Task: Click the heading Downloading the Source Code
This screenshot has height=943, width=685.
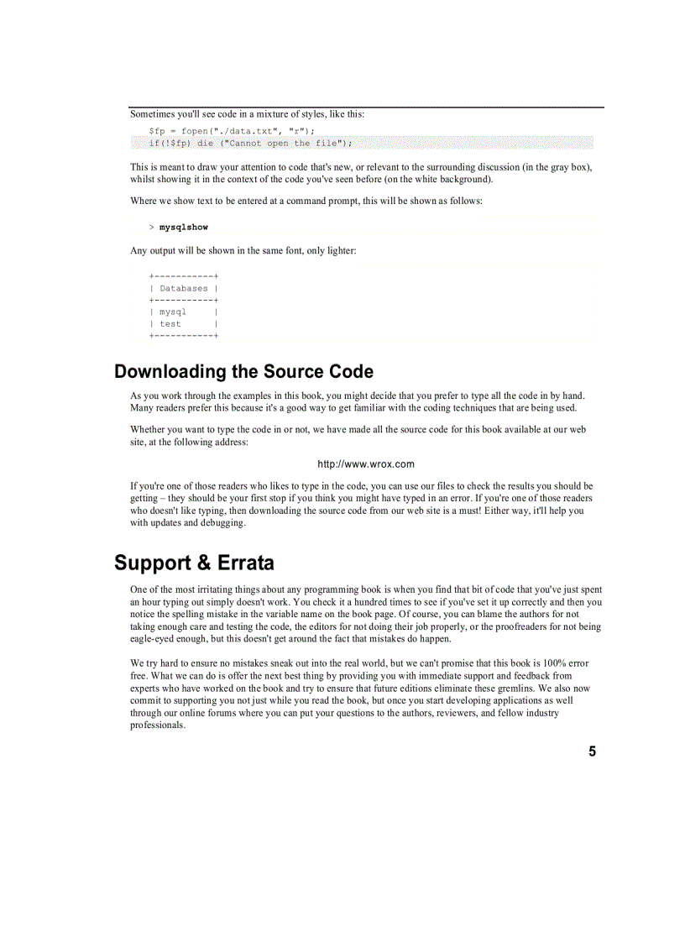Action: (243, 371)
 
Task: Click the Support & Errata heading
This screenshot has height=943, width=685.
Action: (194, 563)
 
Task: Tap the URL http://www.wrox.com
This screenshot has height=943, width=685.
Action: (365, 464)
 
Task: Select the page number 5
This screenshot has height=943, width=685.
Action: (592, 752)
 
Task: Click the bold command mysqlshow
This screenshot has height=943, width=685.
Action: (184, 228)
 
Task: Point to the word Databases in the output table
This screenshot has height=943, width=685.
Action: (183, 288)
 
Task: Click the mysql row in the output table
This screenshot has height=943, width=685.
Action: (173, 312)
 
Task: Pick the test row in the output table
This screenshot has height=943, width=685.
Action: (170, 323)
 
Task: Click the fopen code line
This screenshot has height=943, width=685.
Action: (232, 131)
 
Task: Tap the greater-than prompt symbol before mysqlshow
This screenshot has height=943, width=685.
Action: (151, 228)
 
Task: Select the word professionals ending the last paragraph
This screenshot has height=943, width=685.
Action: (157, 725)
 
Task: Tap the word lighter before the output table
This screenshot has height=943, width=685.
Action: (339, 251)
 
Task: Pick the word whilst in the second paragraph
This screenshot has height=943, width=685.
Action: (143, 179)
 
